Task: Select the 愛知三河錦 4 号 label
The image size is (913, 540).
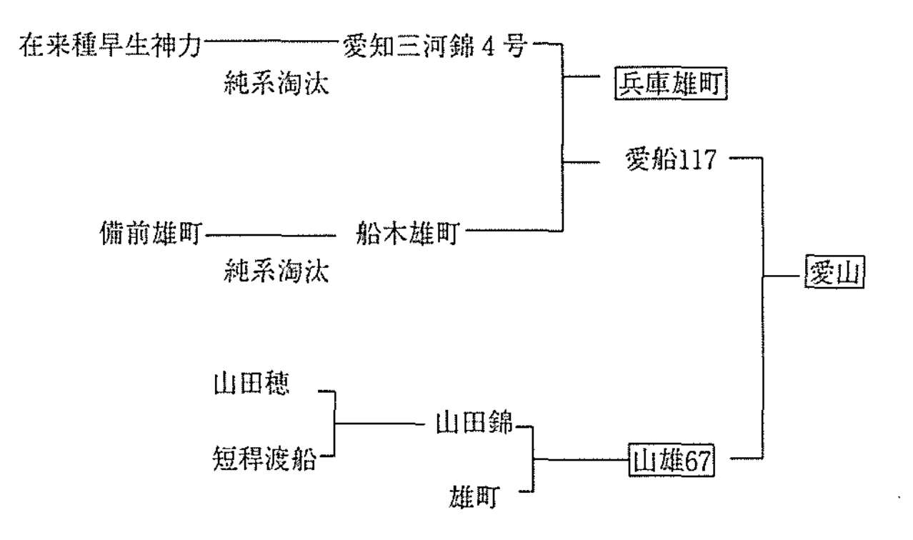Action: [x=435, y=48]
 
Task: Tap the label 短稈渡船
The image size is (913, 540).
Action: [x=264, y=455]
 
